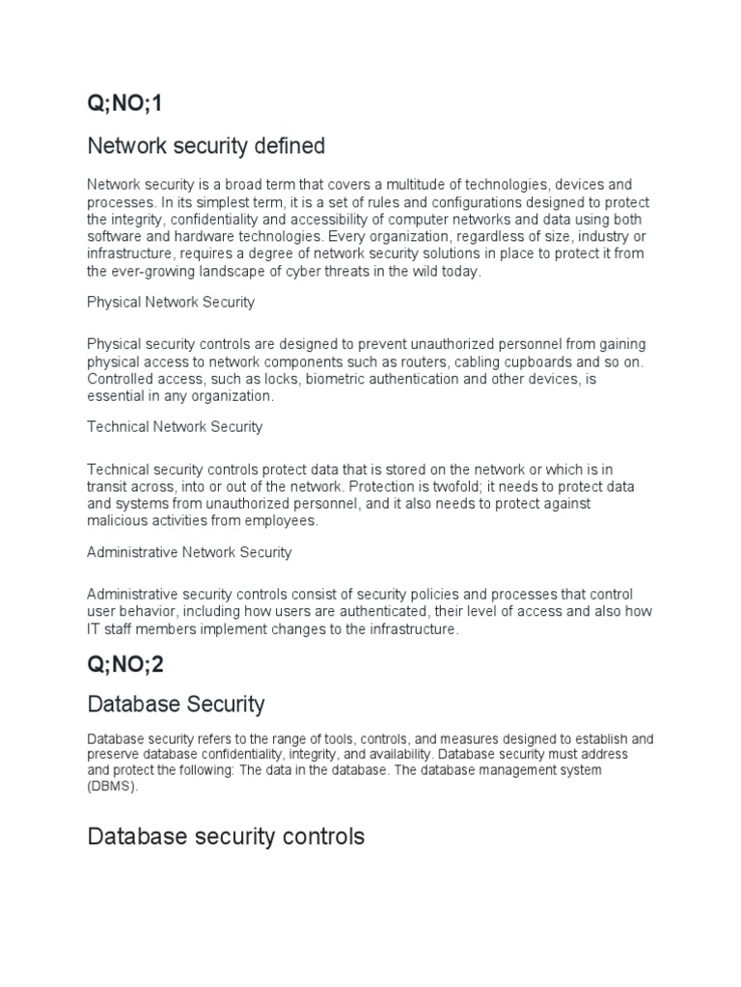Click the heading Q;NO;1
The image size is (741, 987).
(x=125, y=104)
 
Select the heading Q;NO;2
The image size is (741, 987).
(x=125, y=664)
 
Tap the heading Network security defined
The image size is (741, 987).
(x=206, y=147)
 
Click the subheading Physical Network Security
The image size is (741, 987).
(x=171, y=302)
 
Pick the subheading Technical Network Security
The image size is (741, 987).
(x=175, y=426)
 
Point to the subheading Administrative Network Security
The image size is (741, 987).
(x=189, y=552)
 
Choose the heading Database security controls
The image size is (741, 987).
(x=226, y=836)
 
